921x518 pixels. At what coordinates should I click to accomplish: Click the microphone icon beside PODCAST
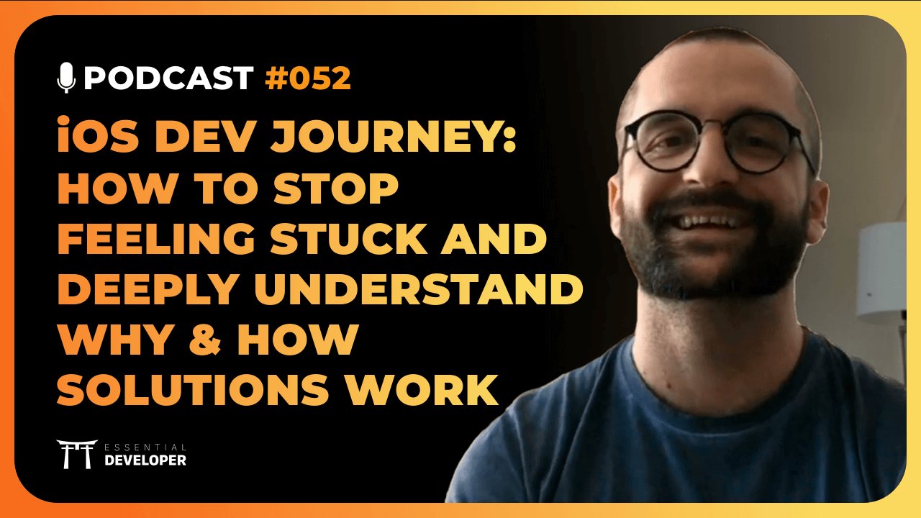point(66,78)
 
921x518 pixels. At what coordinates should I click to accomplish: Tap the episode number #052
point(308,78)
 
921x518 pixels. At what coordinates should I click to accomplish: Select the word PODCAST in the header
point(168,78)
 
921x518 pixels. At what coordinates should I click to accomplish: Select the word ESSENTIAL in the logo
point(145,447)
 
